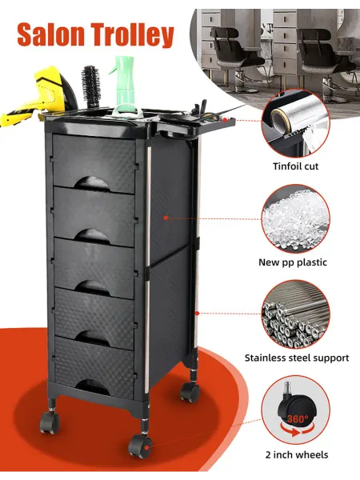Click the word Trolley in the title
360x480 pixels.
131,36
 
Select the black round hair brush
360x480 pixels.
90,86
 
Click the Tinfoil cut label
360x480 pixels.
296,166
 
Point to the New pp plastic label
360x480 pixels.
293,262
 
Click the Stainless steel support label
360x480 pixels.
297,358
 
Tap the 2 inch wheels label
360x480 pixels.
297,454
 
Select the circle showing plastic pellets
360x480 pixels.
296,218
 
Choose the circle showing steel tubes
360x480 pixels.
296,314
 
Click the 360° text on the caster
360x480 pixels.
298,418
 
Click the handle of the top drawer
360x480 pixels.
92,184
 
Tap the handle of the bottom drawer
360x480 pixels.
92,387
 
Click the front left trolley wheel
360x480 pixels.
49,422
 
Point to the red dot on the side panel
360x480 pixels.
166,218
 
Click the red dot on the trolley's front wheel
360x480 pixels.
147,447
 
